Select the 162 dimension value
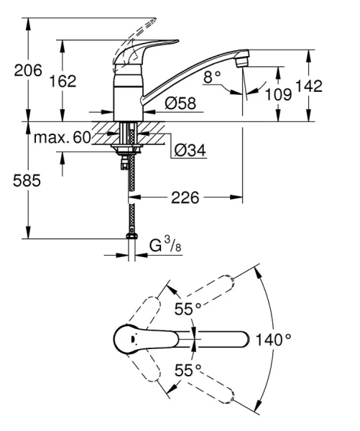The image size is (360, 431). tap(63, 81)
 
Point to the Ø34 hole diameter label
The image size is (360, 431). tap(190, 151)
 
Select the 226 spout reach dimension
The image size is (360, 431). tap(185, 196)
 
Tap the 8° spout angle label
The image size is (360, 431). tap(211, 76)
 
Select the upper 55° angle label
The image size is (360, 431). tap(188, 310)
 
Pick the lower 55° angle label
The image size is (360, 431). tap(188, 370)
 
